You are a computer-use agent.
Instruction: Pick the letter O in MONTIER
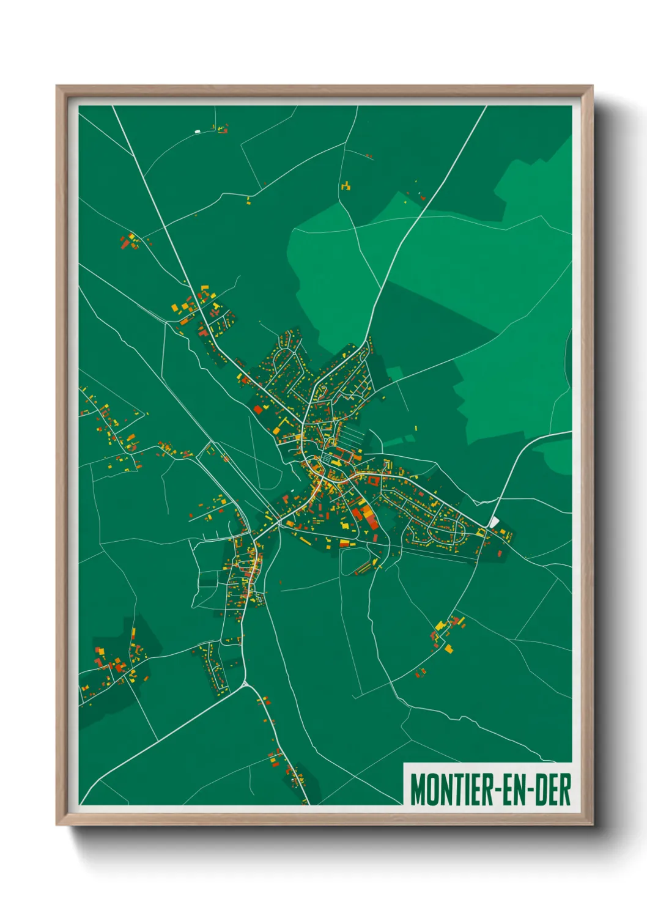431,789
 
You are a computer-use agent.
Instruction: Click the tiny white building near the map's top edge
197,131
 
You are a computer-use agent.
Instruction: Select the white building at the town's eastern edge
494,521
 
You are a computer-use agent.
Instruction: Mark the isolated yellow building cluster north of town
346,185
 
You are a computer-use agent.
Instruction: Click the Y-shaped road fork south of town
245,682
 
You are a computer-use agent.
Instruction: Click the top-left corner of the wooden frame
57,86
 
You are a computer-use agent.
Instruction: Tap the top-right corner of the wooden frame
592,86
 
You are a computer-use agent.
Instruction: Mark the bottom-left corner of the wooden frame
57,824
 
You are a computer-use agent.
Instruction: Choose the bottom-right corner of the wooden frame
592,824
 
